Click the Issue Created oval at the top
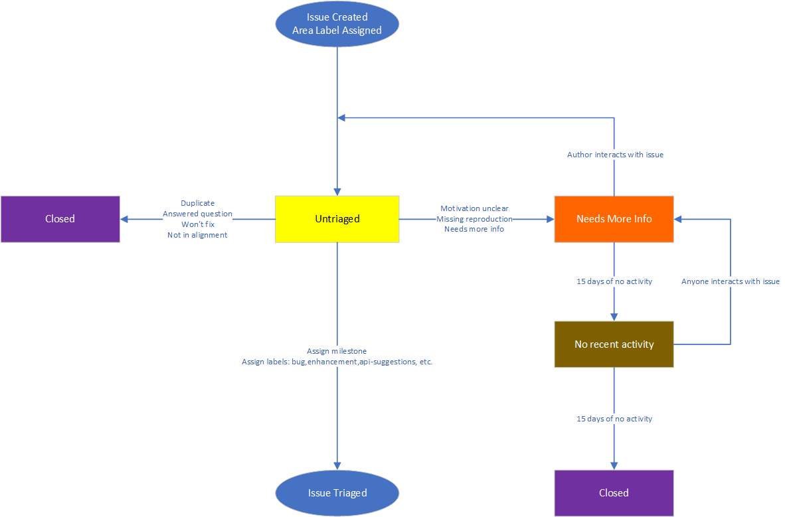click(x=337, y=24)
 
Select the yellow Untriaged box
click(x=337, y=219)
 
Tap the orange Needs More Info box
click(x=614, y=219)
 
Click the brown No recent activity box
click(x=614, y=344)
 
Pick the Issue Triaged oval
click(x=337, y=492)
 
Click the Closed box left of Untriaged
click(x=60, y=219)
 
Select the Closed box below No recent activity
click(x=614, y=492)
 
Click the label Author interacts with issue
click(x=615, y=155)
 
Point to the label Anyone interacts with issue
click(x=730, y=281)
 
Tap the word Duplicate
click(x=197, y=203)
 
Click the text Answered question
click(x=197, y=214)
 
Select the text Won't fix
click(x=197, y=224)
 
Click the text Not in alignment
click(x=197, y=235)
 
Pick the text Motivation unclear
click(x=474, y=208)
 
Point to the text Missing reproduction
click(x=474, y=219)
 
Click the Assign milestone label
click(x=337, y=351)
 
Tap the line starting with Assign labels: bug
click(x=337, y=362)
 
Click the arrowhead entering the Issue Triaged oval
click(x=337, y=466)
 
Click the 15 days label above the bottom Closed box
click(x=614, y=419)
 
